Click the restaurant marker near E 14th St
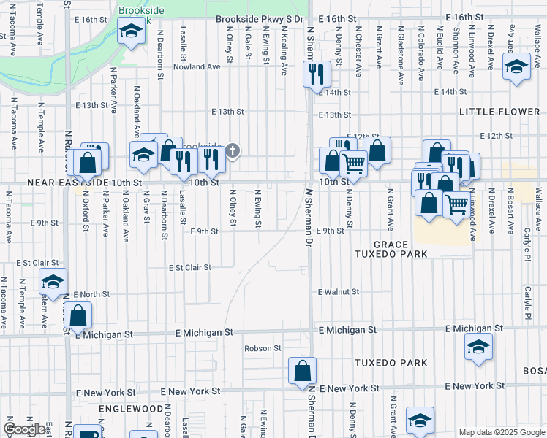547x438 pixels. point(317,74)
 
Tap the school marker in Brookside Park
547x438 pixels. point(132,31)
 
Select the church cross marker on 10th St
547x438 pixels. point(233,152)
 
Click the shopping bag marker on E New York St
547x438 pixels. point(302,371)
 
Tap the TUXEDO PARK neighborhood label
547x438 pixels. point(391,363)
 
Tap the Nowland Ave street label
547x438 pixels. point(197,67)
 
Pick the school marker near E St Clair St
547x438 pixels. point(53,282)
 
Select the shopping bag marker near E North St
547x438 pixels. point(78,316)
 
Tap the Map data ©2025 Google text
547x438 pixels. point(501,432)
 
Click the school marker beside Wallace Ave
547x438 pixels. point(516,68)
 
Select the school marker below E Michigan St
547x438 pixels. point(478,348)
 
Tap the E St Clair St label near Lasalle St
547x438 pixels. point(189,268)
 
